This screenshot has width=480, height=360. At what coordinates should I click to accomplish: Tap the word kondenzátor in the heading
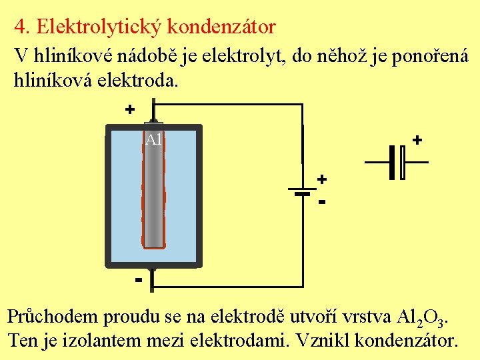coord(221,27)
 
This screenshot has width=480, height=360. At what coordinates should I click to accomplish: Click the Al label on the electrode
coord(153,139)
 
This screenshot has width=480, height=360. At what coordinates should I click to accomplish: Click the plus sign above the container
coord(130,109)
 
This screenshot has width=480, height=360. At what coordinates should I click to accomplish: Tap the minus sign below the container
coord(138,279)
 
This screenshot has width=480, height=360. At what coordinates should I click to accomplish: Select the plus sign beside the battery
coord(322,179)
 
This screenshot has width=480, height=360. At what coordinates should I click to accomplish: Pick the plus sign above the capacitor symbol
coord(417,140)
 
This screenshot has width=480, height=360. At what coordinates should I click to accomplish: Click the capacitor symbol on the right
coord(397,162)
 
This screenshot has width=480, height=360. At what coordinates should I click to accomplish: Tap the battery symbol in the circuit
coord(303,192)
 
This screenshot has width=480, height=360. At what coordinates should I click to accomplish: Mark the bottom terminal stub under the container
coord(153,280)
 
